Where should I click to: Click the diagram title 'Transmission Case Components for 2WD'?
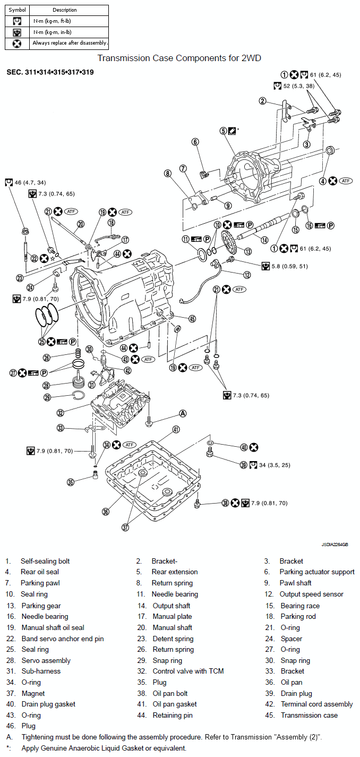(179, 58)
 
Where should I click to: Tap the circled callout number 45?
(192, 319)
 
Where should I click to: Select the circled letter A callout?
(183, 413)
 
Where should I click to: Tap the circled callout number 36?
(106, 512)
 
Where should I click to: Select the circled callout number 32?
(61, 413)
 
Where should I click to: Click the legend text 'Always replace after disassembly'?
(70, 43)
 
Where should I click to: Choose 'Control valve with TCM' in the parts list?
(188, 671)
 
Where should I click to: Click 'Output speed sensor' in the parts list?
(311, 594)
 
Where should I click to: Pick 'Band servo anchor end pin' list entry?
(63, 639)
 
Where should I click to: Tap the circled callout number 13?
(248, 251)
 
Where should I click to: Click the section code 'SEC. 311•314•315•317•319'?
(50, 72)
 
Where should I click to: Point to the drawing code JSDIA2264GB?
(335, 545)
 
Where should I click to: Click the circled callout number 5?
(223, 131)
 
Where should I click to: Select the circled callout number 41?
(176, 430)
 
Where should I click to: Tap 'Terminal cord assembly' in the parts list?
(317, 704)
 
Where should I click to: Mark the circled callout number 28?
(47, 386)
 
